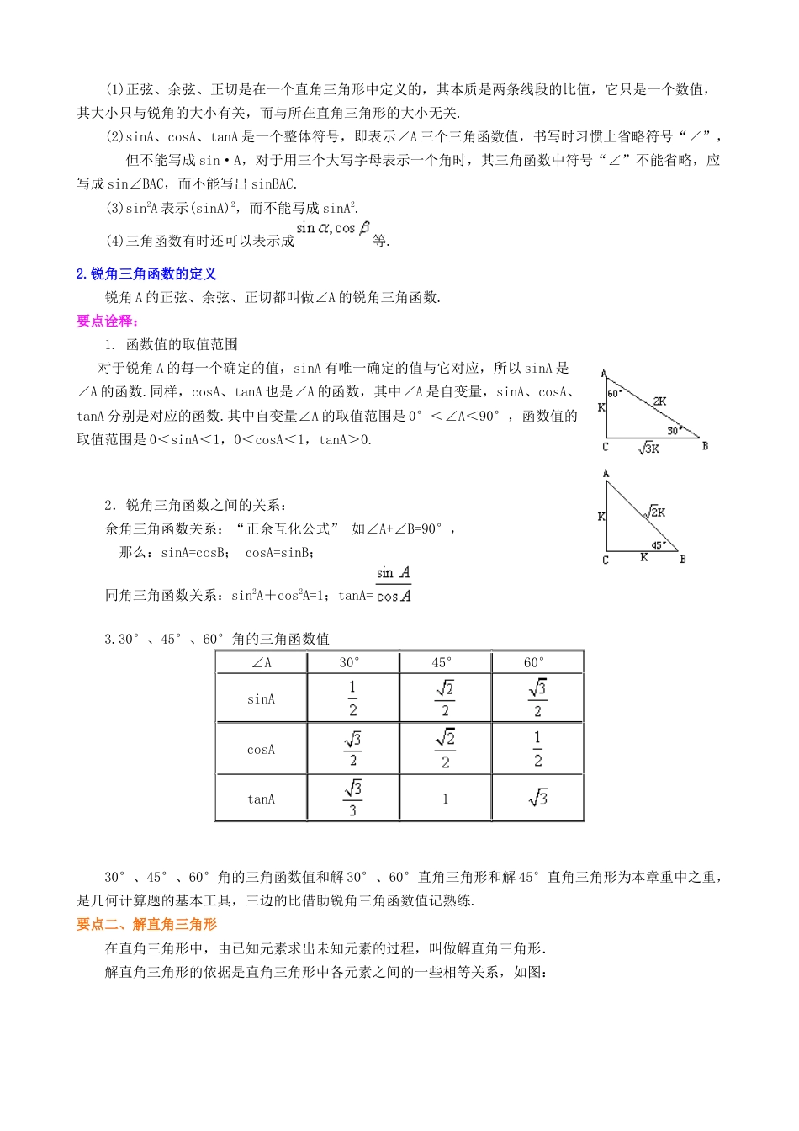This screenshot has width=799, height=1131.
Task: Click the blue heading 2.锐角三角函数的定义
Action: (146, 273)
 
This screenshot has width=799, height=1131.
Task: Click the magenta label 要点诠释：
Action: (108, 321)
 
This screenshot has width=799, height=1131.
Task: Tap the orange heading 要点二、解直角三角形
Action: (146, 924)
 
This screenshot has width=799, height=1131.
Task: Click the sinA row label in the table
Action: (261, 698)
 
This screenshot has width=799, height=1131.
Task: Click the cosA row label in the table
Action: (261, 749)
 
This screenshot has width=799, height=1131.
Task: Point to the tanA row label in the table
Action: (261, 799)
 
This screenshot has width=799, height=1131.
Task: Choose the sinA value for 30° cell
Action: (352, 698)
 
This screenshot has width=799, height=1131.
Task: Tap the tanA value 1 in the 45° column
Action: (445, 799)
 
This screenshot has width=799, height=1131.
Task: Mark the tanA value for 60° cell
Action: (537, 798)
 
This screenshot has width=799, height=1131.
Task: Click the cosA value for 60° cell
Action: (537, 749)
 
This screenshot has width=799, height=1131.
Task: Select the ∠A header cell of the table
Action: (262, 662)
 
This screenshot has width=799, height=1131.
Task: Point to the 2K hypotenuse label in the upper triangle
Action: (659, 401)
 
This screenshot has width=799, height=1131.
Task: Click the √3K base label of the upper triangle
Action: (648, 449)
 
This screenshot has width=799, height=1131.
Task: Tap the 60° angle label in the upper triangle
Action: (613, 393)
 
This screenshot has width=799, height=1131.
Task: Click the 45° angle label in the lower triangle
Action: (658, 545)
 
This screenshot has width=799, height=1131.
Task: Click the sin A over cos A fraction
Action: (394, 585)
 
